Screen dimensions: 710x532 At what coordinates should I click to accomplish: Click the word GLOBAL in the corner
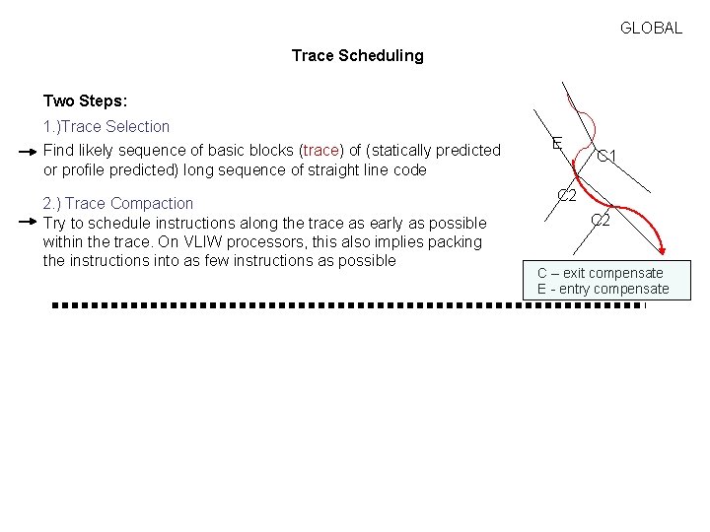coord(651,29)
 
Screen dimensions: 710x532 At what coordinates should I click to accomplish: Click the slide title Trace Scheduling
coord(357,56)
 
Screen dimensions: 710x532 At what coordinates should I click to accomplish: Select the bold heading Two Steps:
coord(85,101)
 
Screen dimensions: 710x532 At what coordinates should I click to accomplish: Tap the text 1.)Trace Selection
coord(106,127)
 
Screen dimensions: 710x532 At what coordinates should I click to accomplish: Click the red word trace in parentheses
coord(320,151)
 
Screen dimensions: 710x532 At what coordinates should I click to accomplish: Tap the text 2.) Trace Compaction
coord(118,204)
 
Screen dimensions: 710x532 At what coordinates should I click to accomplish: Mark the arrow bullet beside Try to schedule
coord(29,223)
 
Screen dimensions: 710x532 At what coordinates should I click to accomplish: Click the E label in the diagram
coord(557,144)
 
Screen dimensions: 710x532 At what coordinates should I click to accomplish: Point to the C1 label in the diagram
coord(606,157)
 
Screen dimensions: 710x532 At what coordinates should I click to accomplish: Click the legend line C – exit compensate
coord(600,273)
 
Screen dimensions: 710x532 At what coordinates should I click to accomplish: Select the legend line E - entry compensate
coord(603,290)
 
